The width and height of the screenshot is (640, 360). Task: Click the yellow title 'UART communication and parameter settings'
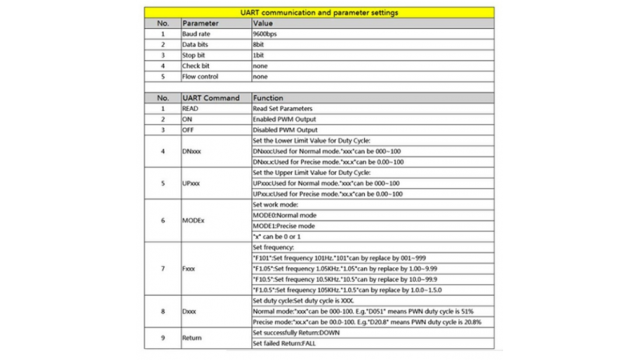pyautogui.click(x=319, y=13)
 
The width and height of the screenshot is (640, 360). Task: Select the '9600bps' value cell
pyautogui.click(x=266, y=34)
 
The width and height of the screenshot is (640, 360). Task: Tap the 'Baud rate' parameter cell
pyautogui.click(x=197, y=34)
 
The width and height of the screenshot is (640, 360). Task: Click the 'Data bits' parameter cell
pyautogui.click(x=196, y=45)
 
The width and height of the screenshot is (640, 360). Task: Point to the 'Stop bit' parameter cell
pyautogui.click(x=194, y=55)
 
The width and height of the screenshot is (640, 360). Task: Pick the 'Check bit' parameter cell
pyautogui.click(x=196, y=66)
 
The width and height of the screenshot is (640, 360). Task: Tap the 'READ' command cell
pyautogui.click(x=191, y=108)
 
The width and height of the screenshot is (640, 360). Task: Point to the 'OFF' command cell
pyautogui.click(x=190, y=130)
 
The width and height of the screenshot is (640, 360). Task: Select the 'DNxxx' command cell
pyautogui.click(x=193, y=151)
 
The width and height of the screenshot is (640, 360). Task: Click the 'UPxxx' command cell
pyautogui.click(x=193, y=183)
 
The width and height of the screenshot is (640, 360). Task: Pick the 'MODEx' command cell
pyautogui.click(x=194, y=221)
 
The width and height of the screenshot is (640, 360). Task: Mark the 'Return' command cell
pyautogui.click(x=193, y=338)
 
